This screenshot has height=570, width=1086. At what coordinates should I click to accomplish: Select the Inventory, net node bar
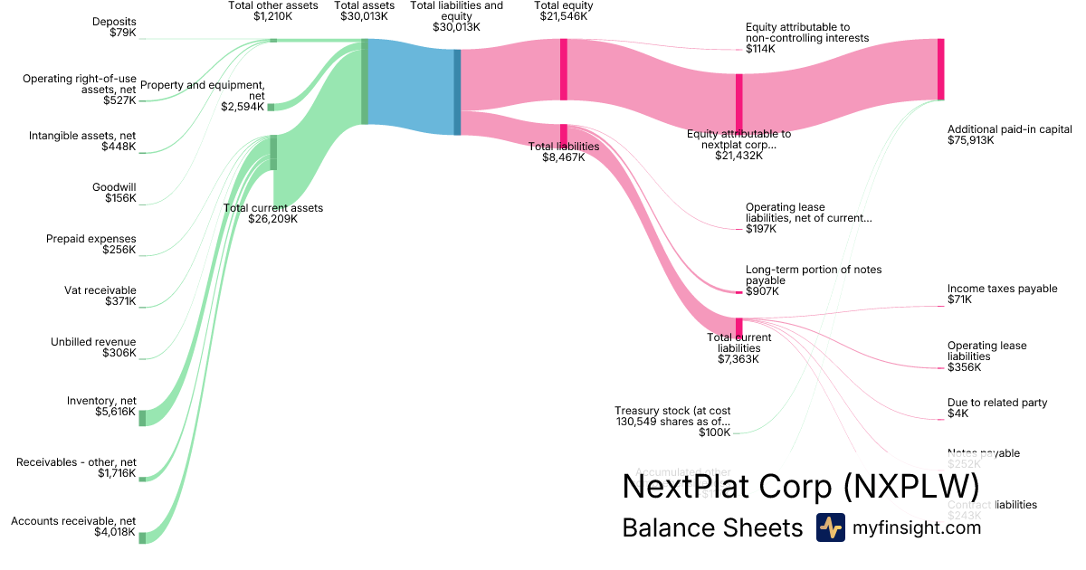coord(142,417)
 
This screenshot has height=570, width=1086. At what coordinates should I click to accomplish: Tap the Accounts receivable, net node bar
coord(142,536)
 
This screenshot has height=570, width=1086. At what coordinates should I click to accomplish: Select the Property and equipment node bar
coord(271,107)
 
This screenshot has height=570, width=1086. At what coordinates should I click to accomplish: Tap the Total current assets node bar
coord(273,153)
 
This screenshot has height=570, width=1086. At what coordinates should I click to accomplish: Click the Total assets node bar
coord(365,81)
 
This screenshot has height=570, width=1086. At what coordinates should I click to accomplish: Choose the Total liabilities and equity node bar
coord(457,92)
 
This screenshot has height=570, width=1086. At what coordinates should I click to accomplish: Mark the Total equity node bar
coord(563,63)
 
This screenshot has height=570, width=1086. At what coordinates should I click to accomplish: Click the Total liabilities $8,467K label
coord(564,151)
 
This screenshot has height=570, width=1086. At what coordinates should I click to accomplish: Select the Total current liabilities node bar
coord(738,327)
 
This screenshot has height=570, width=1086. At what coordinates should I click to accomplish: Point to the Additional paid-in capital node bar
coord(940,69)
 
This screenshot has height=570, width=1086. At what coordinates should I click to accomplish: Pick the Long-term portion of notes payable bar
coord(738,292)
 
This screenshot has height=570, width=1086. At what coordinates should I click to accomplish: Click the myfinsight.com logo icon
coord(830,527)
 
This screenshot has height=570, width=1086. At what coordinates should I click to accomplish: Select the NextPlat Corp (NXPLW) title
coord(800,486)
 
